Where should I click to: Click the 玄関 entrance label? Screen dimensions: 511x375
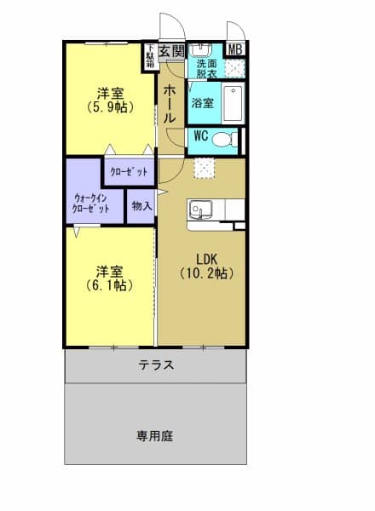click(172, 51)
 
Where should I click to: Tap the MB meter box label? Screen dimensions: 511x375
click(234, 49)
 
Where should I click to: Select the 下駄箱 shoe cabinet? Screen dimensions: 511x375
click(150, 55)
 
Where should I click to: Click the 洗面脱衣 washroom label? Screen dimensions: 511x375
click(206, 69)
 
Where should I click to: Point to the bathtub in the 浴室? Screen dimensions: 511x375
click(234, 103)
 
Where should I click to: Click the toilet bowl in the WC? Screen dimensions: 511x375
click(223, 140)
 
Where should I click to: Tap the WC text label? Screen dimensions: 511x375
click(201, 135)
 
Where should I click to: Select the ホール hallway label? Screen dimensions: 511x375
click(170, 103)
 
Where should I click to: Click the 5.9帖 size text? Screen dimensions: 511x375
click(107, 108)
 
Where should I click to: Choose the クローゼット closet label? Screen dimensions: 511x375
click(130, 172)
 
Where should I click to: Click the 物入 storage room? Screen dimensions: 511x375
click(141, 205)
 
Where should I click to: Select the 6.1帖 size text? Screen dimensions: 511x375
click(108, 286)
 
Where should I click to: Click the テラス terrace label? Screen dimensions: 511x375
click(157, 365)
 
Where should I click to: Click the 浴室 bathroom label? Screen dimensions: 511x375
click(203, 103)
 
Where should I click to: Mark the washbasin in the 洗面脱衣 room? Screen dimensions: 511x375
click(205, 49)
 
